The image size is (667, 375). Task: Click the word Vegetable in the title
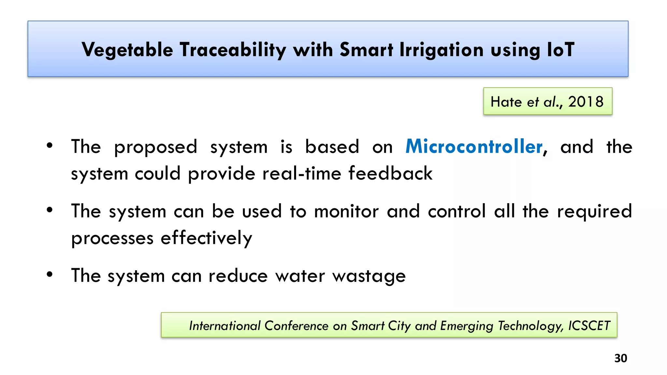click(x=127, y=50)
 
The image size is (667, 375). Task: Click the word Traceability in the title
click(x=233, y=50)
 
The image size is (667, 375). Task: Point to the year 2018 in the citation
click(x=586, y=102)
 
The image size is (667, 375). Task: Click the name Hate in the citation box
click(x=506, y=102)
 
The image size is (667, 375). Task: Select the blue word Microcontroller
click(x=474, y=146)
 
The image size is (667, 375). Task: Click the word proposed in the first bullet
click(x=155, y=147)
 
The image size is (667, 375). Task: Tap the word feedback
click(x=390, y=173)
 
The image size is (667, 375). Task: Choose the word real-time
click(x=302, y=173)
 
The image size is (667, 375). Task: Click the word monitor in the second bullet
click(x=346, y=211)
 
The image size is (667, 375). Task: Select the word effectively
click(x=206, y=238)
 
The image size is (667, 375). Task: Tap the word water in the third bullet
click(x=300, y=276)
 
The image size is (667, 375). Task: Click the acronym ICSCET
click(x=589, y=326)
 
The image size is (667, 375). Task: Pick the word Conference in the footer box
click(x=296, y=326)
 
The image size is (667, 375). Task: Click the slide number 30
click(x=620, y=358)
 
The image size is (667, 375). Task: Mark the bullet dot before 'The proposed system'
click(x=49, y=145)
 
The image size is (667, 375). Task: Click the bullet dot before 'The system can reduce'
click(x=49, y=274)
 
